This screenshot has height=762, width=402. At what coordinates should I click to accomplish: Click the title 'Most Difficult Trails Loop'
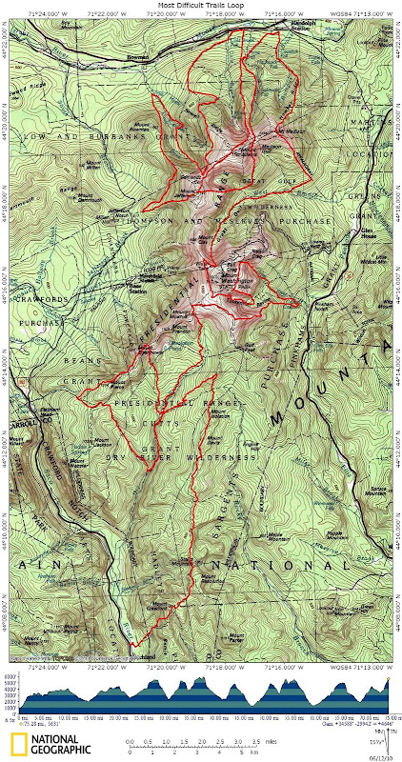click(201, 5)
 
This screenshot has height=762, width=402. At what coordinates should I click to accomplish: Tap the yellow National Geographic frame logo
click(19, 746)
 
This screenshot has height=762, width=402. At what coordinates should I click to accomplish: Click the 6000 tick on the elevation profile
click(7, 676)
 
